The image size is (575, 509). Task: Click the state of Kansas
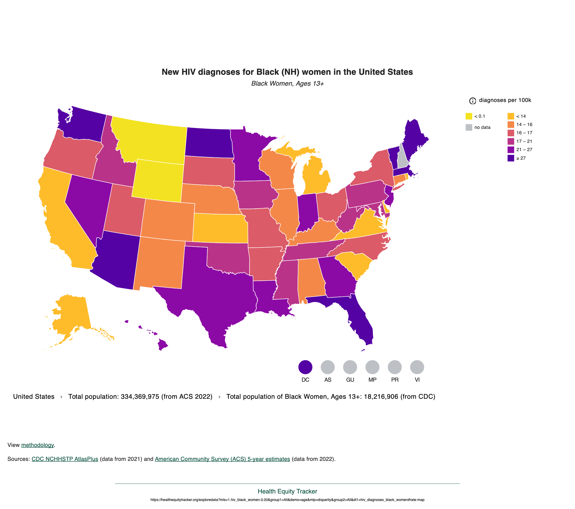219,228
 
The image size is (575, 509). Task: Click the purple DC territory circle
305,367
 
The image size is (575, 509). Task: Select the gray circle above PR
395,367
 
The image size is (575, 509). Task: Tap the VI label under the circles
417,380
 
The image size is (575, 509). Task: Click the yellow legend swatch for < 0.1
469,116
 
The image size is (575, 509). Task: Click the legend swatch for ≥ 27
511,158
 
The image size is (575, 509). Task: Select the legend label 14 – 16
524,124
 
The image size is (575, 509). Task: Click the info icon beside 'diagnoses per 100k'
473,101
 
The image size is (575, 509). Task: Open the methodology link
38,445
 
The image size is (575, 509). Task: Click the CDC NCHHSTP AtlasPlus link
65,459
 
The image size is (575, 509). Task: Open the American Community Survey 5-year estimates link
222,459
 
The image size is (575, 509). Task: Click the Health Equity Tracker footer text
287,491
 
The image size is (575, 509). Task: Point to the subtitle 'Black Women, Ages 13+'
287,84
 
